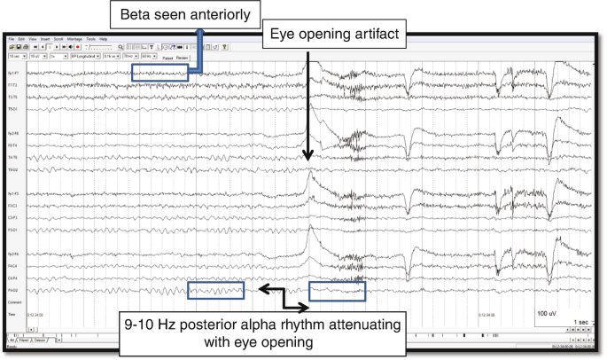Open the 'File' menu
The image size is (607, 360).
tap(12, 39)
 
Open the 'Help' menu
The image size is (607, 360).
tap(104, 39)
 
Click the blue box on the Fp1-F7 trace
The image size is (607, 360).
tap(160, 73)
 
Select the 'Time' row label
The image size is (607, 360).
tap(12, 314)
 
